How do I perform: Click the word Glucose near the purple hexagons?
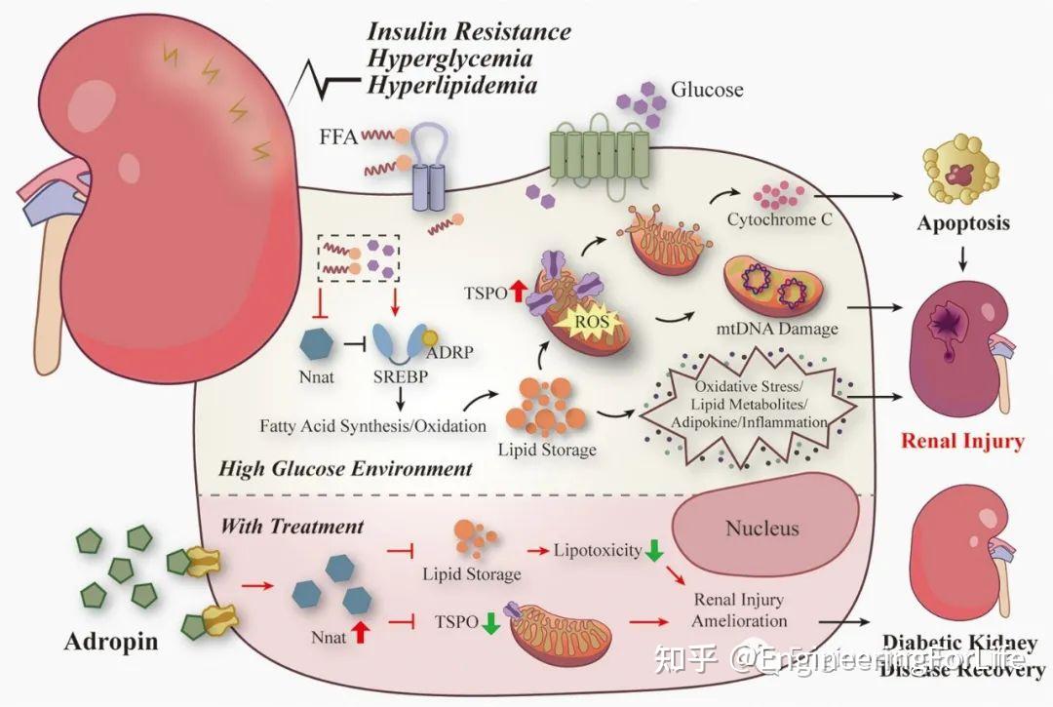coord(706,90)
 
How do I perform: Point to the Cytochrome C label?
coord(779,219)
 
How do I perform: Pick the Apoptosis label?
coord(962,223)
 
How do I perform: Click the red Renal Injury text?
coord(962,441)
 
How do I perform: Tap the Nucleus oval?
coord(760,530)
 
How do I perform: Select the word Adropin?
coord(112,643)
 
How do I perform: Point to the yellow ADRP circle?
coord(428,337)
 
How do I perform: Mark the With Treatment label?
coord(292,527)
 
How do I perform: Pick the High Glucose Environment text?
coord(345,468)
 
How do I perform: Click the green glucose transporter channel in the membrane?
coord(600,154)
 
